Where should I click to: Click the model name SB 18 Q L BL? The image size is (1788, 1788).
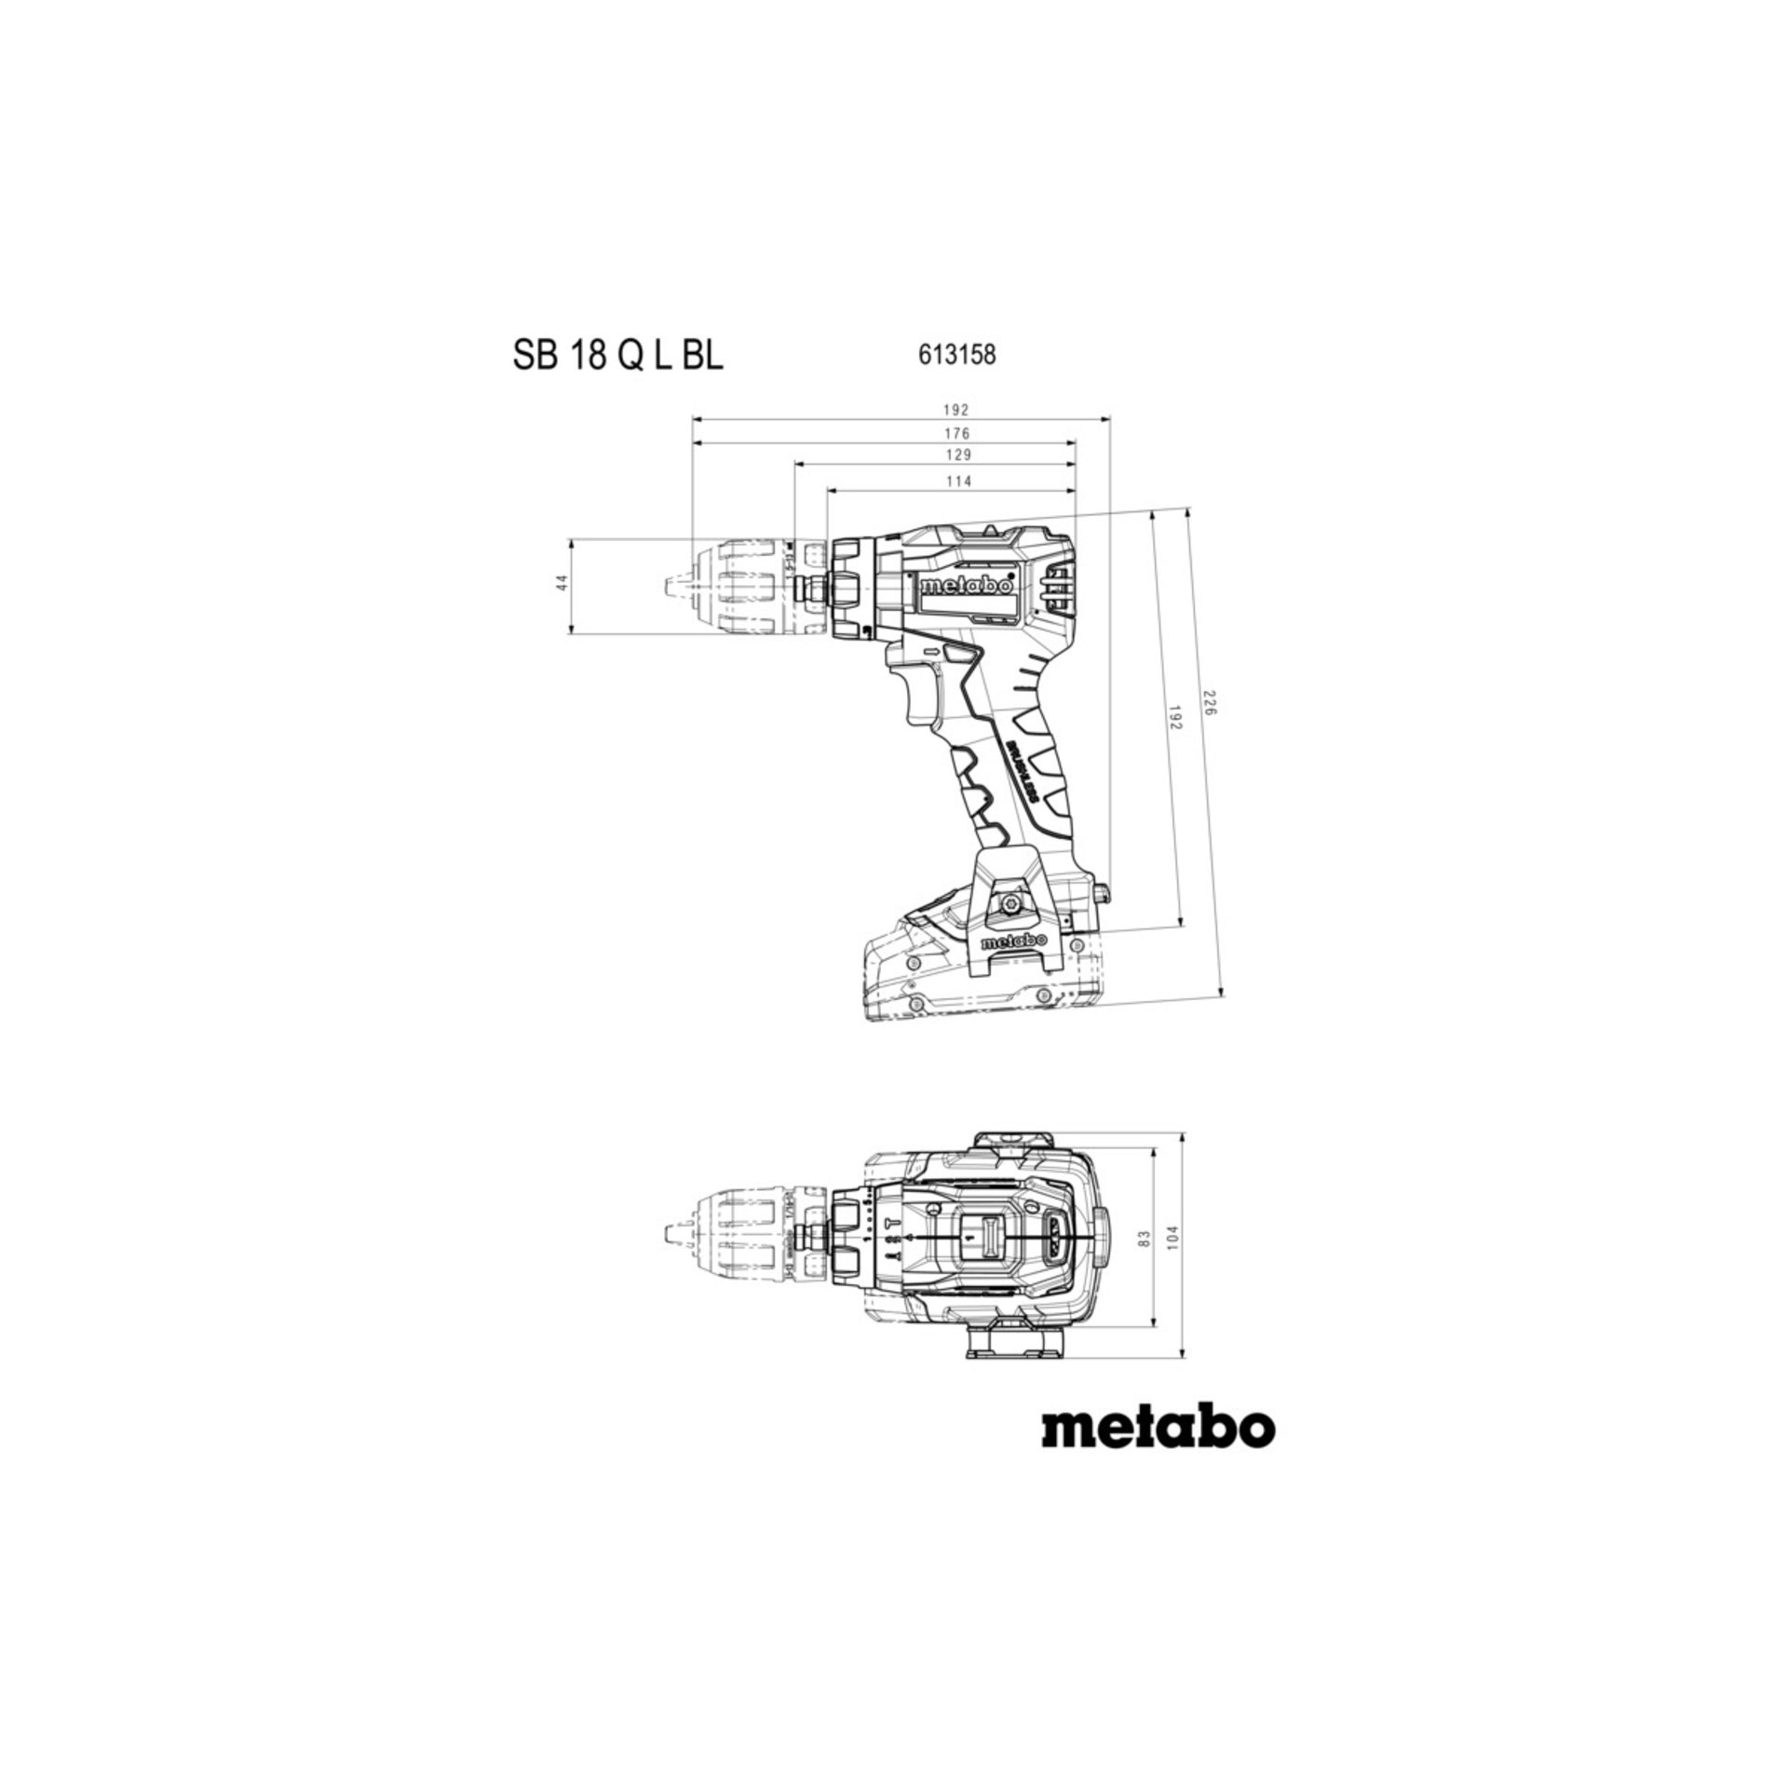tap(617, 356)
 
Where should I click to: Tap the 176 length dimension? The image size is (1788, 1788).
tap(955, 433)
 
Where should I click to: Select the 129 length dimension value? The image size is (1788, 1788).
tap(955, 455)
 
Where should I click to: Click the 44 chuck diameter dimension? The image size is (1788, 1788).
tap(560, 583)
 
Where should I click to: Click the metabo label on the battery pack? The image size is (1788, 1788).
tap(1015, 942)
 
